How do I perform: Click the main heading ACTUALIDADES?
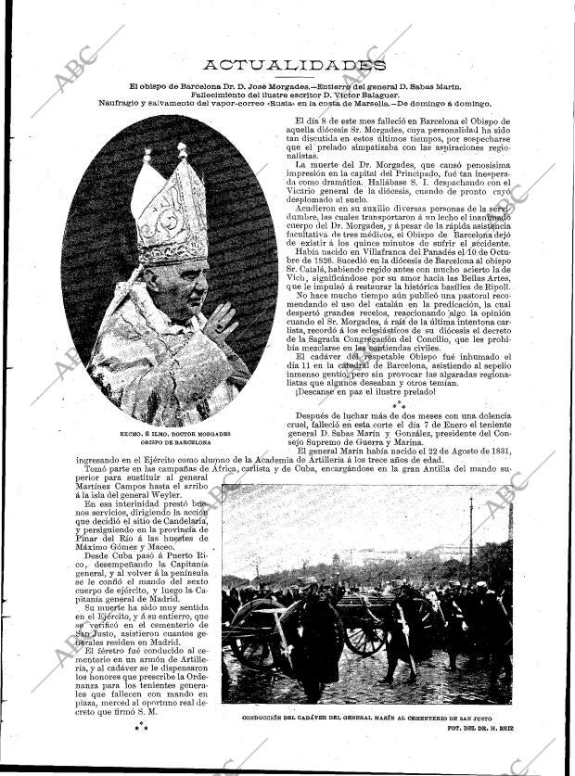[293, 64]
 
